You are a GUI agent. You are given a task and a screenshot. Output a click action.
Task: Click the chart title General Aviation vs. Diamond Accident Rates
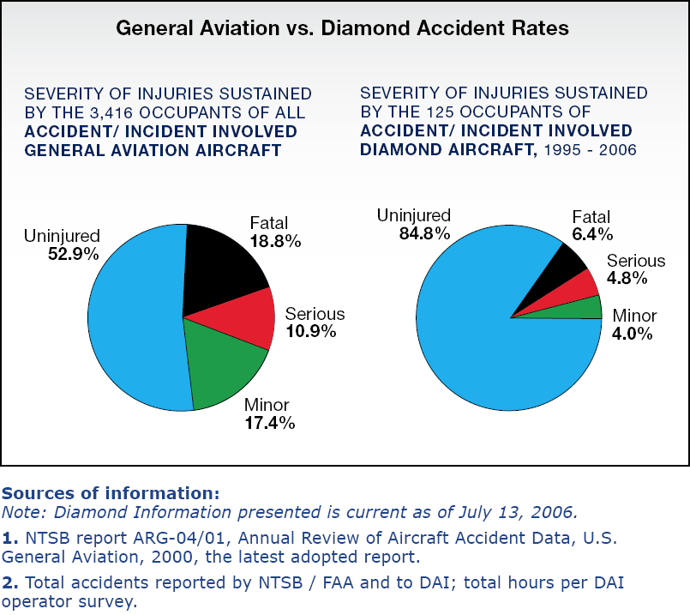342,28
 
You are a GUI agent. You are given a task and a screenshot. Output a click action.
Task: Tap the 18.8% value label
275,242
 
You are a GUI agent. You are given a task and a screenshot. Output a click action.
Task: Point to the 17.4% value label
269,422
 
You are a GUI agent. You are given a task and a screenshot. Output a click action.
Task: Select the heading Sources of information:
111,494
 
